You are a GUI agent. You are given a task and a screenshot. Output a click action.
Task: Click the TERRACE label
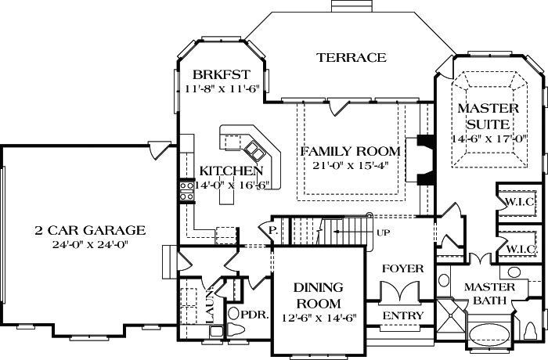click(352, 57)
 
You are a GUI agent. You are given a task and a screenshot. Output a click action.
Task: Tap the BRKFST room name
click(221, 75)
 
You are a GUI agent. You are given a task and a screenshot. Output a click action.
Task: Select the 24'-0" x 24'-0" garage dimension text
click(90, 244)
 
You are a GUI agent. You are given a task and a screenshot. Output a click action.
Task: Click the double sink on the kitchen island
click(254, 148)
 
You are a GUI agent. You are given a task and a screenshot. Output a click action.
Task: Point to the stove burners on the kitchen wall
click(187, 191)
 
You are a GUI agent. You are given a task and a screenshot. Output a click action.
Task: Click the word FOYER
click(402, 268)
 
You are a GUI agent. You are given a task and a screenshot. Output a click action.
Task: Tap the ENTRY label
click(402, 315)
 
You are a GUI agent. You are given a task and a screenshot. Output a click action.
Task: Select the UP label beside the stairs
click(383, 233)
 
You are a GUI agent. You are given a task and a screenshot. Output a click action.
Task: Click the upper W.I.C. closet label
click(520, 200)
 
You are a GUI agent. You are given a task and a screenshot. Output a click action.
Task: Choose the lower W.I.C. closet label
click(520, 249)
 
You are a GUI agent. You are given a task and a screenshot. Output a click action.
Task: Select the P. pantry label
click(272, 231)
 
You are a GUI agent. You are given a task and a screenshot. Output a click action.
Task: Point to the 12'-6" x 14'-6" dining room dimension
click(317, 319)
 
